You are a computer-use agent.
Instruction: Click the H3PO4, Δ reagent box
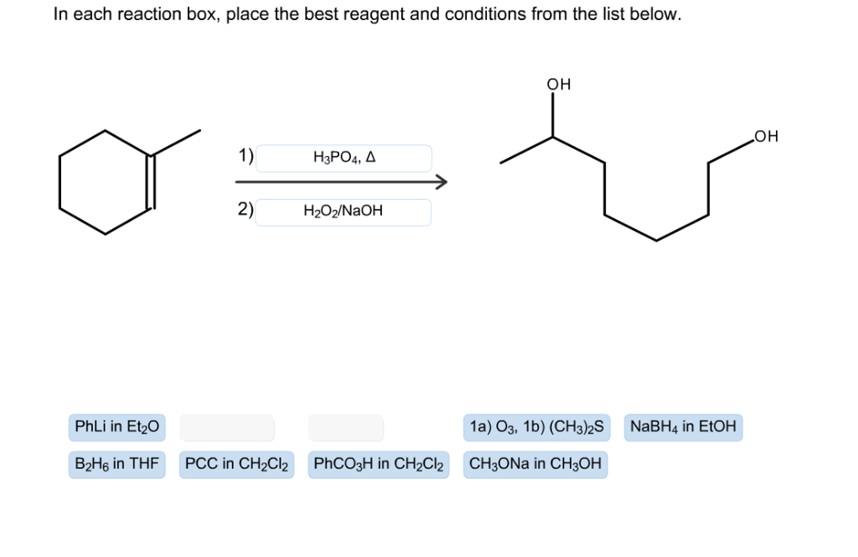click(x=344, y=158)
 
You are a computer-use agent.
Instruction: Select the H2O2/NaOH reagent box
click(x=344, y=212)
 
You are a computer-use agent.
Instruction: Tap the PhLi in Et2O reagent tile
click(x=116, y=428)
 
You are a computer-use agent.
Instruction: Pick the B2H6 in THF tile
click(x=116, y=464)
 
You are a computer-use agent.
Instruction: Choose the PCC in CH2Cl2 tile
click(x=236, y=464)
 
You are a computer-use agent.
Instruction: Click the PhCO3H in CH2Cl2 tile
click(x=379, y=464)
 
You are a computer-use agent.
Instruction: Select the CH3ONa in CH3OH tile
click(x=535, y=464)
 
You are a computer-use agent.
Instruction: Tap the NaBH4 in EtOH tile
click(x=683, y=428)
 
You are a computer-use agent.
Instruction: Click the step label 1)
click(x=246, y=156)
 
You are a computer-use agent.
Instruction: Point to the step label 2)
click(x=246, y=210)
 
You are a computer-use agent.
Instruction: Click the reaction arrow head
click(x=441, y=182)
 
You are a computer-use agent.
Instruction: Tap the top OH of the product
click(x=558, y=85)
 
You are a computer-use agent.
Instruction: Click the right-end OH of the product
click(x=766, y=136)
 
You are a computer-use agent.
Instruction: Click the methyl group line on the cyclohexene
click(x=176, y=143)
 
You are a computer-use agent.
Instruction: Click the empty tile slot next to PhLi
click(x=227, y=428)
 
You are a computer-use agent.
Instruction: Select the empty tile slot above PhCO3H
click(x=345, y=428)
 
